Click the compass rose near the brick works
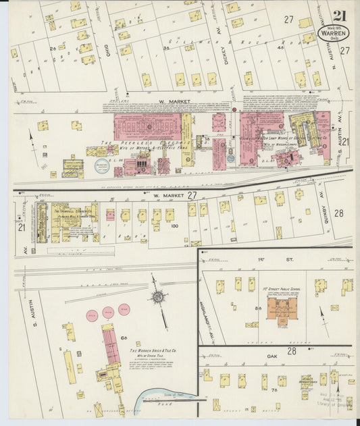(158, 296)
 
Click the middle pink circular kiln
(109, 312)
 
